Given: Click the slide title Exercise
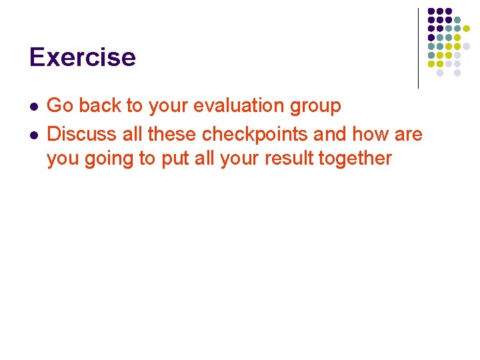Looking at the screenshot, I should pos(82,57).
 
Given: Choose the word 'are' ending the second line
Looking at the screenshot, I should pos(408,135).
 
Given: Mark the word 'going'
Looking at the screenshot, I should pos(107,159).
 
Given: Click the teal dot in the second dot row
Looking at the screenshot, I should pos(457,19).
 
